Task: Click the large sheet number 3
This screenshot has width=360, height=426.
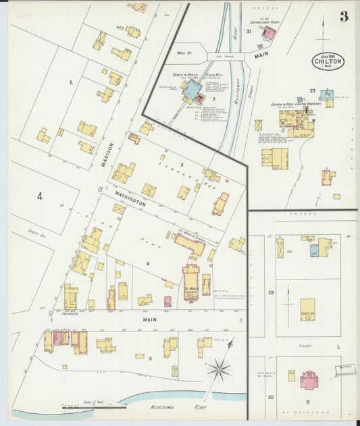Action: pyautogui.click(x=344, y=16)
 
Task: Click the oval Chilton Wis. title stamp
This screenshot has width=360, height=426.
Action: pyautogui.click(x=328, y=61)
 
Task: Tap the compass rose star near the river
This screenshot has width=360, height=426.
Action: pyautogui.click(x=218, y=369)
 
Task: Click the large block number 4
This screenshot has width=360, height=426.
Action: pyautogui.click(x=40, y=196)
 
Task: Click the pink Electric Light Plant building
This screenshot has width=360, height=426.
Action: pyautogui.click(x=269, y=32)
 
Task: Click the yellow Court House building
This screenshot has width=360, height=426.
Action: pyautogui.click(x=307, y=309)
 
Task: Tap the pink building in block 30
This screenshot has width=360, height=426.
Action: pyautogui.click(x=309, y=379)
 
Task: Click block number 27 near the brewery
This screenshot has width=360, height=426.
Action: pyautogui.click(x=312, y=90)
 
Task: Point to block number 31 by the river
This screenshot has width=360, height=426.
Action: pyautogui.click(x=249, y=31)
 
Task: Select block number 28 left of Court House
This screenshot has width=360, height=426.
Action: pyautogui.click(x=271, y=292)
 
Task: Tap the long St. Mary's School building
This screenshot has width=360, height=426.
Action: pyautogui.click(x=190, y=244)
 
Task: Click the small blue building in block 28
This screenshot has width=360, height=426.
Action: pyautogui.click(x=314, y=250)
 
